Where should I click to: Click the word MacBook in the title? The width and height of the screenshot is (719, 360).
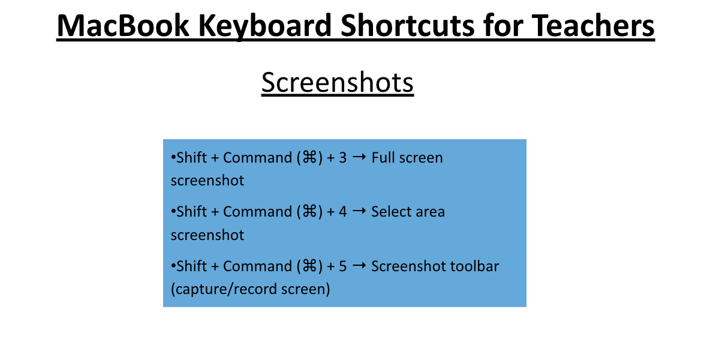123,26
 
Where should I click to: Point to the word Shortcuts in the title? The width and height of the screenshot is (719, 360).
408,26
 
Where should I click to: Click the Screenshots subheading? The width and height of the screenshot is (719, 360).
338,83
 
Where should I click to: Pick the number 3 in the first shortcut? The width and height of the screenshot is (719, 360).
343,158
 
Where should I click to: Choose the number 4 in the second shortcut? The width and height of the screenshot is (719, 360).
343,212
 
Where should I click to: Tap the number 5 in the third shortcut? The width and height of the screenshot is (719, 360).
343,266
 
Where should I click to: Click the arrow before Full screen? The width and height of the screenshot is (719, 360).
360,157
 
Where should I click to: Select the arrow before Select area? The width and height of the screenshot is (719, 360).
360,211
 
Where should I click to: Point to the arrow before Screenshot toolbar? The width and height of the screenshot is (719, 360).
360,266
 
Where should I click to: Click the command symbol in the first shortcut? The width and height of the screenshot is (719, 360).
309,158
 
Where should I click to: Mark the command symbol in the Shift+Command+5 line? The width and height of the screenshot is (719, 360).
309,266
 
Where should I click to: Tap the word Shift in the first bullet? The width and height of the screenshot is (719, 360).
192,158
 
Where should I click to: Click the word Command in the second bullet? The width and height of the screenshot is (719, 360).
257,212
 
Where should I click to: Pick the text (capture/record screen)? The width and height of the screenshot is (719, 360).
251,289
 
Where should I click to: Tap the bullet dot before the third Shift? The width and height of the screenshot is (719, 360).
173,266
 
